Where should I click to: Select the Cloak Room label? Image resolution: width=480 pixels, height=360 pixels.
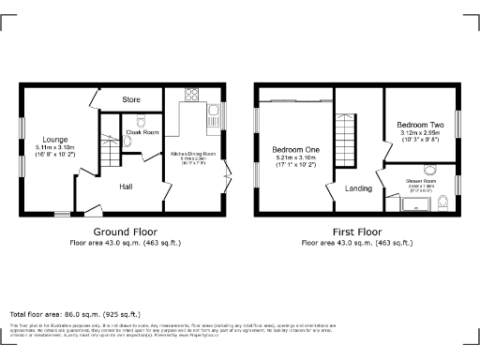(142, 133)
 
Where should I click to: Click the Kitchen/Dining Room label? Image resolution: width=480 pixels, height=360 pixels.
(193, 153)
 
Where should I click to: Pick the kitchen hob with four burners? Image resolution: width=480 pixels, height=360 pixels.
(192, 94)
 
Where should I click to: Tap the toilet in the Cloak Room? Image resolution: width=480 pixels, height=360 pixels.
(142, 121)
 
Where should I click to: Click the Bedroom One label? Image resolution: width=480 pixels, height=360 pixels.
(295, 150)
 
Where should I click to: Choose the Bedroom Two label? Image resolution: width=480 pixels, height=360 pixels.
(419, 125)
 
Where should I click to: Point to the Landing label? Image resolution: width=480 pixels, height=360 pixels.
(358, 188)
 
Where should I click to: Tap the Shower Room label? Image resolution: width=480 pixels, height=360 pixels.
(419, 181)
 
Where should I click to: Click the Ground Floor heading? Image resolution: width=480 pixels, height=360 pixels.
(125, 232)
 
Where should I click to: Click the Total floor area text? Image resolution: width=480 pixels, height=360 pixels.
(75, 313)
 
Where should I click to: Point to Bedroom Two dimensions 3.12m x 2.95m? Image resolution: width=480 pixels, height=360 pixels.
(419, 135)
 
